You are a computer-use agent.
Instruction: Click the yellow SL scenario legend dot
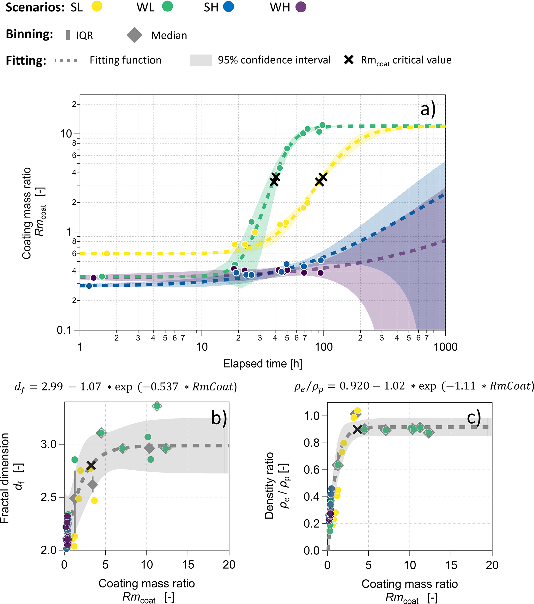pyautogui.click(x=97, y=6)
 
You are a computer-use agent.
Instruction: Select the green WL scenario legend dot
pyautogui.click(x=167, y=6)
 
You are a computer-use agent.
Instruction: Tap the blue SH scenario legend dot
pyautogui.click(x=229, y=6)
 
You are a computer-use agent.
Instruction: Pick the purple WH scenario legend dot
pyautogui.click(x=301, y=6)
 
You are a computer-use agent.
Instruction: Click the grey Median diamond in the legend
pyautogui.click(x=134, y=35)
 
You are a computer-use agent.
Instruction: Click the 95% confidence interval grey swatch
pyautogui.click(x=201, y=60)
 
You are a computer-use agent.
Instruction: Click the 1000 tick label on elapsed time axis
pyautogui.click(x=445, y=347)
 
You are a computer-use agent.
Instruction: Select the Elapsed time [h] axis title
pyautogui.click(x=262, y=364)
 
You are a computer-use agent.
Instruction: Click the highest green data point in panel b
pyautogui.click(x=157, y=406)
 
